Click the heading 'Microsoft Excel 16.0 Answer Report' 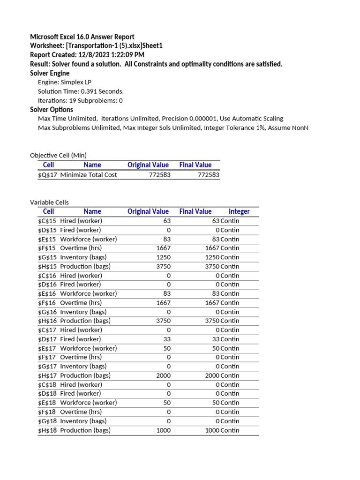tap(82, 37)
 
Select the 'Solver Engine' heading tap(50, 73)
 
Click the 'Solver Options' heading tap(52, 110)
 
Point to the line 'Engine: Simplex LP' tap(65, 82)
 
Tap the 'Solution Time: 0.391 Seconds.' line tap(81, 91)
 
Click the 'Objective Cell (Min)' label tap(58, 155)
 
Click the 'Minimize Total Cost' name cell tap(89, 175)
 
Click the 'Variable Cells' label tap(49, 202)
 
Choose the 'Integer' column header tap(239, 211)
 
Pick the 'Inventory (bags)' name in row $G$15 tap(83, 257)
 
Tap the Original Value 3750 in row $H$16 tap(163, 321)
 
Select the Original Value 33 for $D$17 tap(167, 339)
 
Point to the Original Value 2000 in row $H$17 tap(163, 375)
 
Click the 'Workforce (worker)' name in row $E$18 tap(89, 403)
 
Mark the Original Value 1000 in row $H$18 tap(163, 430)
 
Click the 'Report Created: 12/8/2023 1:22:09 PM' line tap(87, 55)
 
